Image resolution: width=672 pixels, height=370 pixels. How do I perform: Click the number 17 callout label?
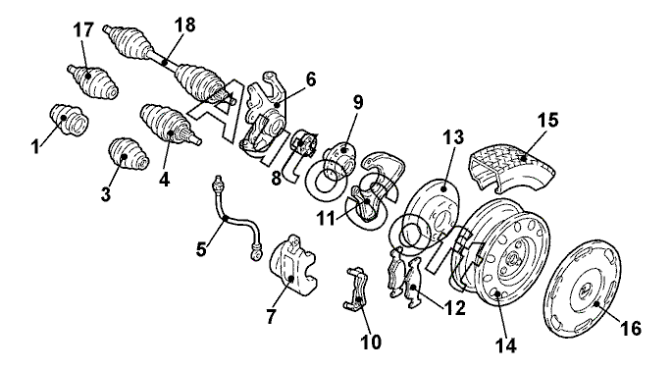click(x=83, y=30)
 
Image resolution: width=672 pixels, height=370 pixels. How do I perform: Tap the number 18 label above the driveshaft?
click(x=185, y=25)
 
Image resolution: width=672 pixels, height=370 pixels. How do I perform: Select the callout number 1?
click(x=35, y=146)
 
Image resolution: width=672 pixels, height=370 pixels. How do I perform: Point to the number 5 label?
click(x=201, y=248)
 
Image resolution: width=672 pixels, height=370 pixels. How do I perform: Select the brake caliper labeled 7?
click(x=293, y=265)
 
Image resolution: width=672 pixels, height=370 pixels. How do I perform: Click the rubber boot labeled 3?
click(x=128, y=154)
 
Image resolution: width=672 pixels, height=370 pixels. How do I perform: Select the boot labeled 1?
click(x=70, y=120)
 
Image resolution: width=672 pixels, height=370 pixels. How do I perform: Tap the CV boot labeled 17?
click(x=92, y=81)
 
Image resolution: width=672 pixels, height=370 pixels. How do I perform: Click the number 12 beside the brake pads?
click(x=454, y=307)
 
